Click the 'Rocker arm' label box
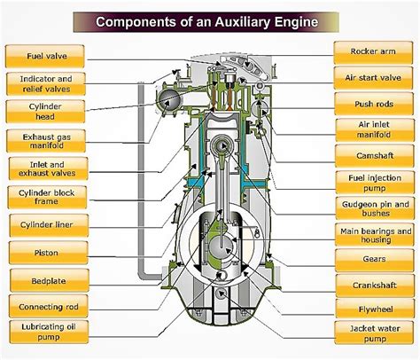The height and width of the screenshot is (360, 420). click(373, 52)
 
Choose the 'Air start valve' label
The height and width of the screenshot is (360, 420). click(373, 77)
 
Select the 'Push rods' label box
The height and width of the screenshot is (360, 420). click(373, 104)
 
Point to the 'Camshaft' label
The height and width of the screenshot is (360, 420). click(373, 157)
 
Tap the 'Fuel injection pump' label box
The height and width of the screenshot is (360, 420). click(373, 184)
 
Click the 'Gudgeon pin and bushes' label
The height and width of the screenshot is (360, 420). click(373, 210)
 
